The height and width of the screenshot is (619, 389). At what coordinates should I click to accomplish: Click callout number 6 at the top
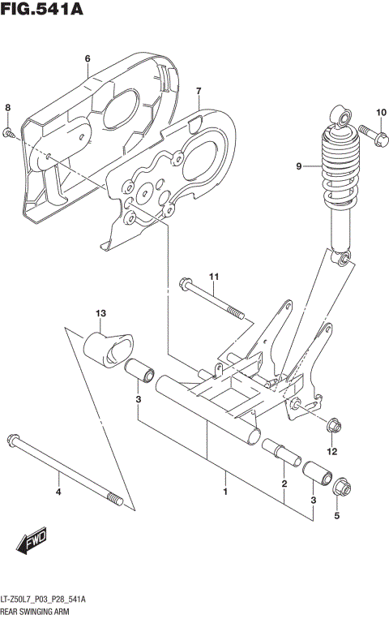click(x=87, y=58)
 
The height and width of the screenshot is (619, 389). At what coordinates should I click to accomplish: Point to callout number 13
click(x=101, y=314)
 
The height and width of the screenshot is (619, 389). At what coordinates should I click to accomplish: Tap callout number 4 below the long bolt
click(x=58, y=492)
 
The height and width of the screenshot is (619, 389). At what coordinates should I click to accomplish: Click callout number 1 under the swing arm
click(x=225, y=492)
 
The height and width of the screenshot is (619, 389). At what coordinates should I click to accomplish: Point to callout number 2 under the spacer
click(x=284, y=484)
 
